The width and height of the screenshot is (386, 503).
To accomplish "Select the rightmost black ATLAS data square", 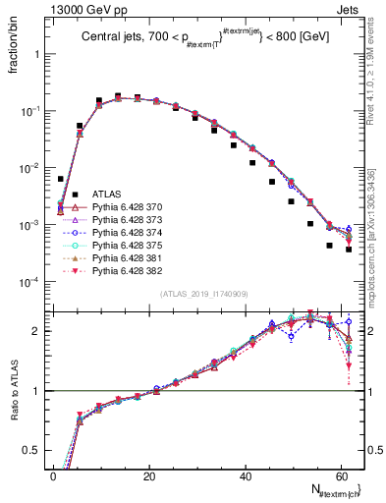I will [x=349, y=250].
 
